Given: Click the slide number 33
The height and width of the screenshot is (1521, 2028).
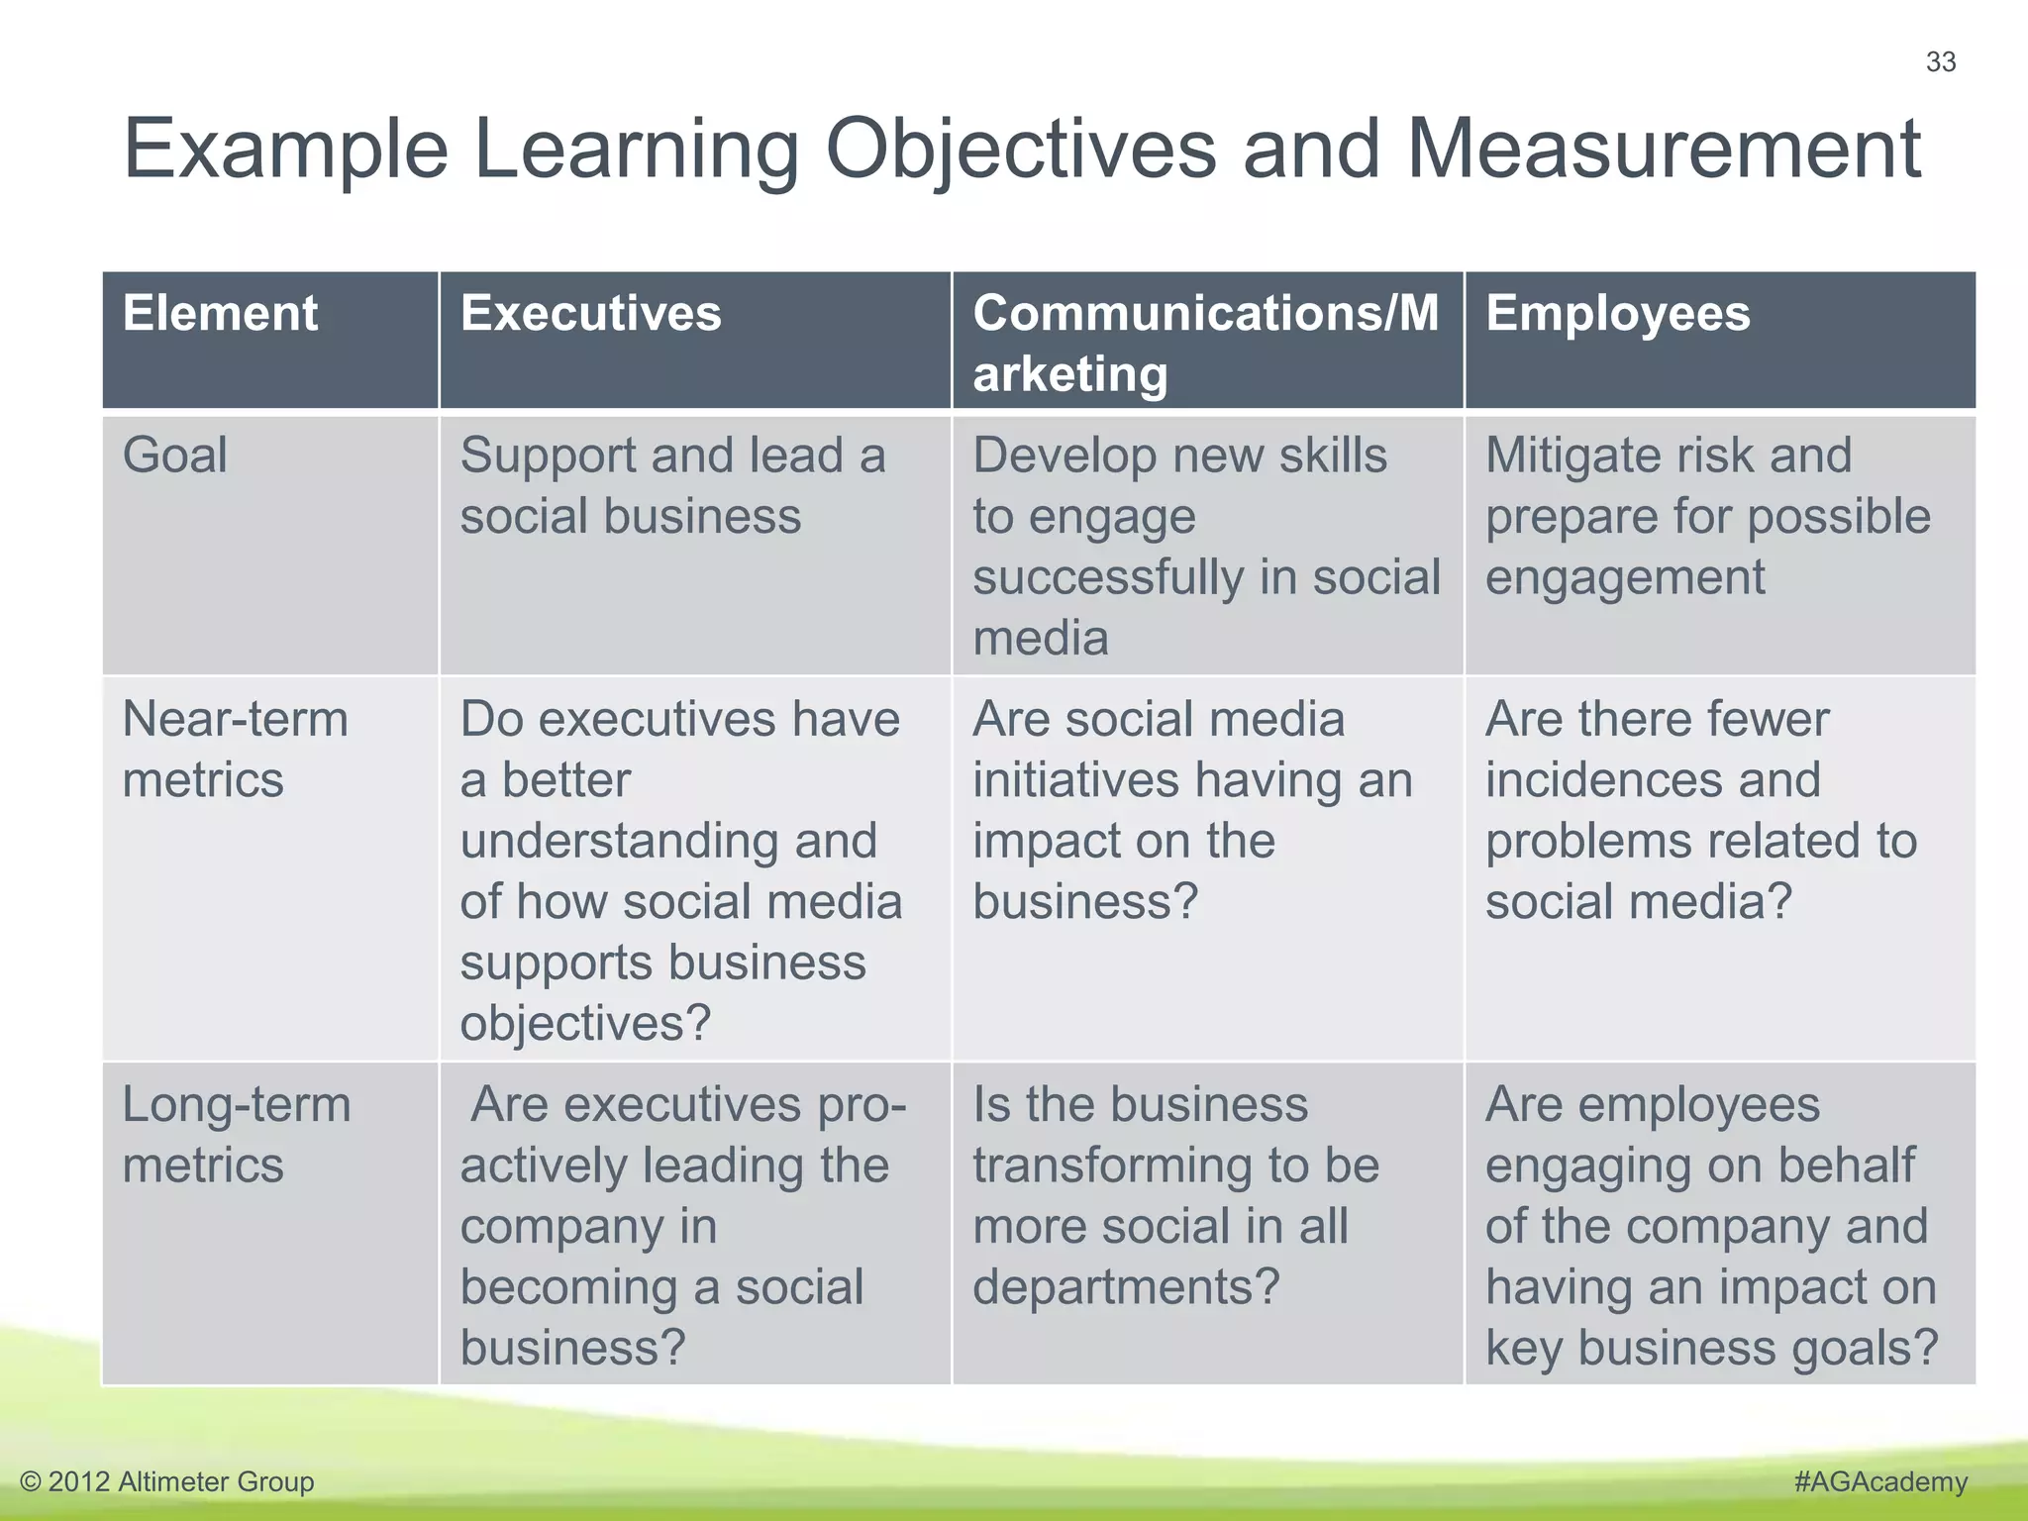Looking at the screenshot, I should coord(1940,62).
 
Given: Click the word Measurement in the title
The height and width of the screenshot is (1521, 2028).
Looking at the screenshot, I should coord(1663,150).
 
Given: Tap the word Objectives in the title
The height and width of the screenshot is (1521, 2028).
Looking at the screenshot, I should coord(1020,152).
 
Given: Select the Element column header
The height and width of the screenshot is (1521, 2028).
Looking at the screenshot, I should coord(220,314).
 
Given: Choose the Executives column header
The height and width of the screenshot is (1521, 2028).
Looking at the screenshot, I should coord(590,314).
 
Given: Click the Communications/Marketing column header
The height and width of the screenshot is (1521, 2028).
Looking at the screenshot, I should coord(1205,343).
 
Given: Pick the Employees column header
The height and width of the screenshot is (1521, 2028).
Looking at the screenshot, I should coord(1617,314).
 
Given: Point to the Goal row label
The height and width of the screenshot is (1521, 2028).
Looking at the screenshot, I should coord(174,456).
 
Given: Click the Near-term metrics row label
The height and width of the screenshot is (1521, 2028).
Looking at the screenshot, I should coord(235,749).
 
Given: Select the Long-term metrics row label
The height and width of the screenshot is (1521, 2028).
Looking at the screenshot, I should coord(236,1135).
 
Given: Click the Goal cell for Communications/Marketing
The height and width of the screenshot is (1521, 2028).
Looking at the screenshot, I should coord(1205,546).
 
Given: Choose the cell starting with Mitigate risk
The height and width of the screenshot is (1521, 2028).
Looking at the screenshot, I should coord(1707,516).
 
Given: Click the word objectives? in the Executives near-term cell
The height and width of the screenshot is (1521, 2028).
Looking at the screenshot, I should coord(585,1023).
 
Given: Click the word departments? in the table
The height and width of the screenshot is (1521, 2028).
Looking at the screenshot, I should coord(1126,1287).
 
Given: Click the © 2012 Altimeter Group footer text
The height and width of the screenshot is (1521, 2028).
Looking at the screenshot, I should coord(166,1481).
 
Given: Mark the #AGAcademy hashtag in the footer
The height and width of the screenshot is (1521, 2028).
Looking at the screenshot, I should coord(1879,1481).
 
